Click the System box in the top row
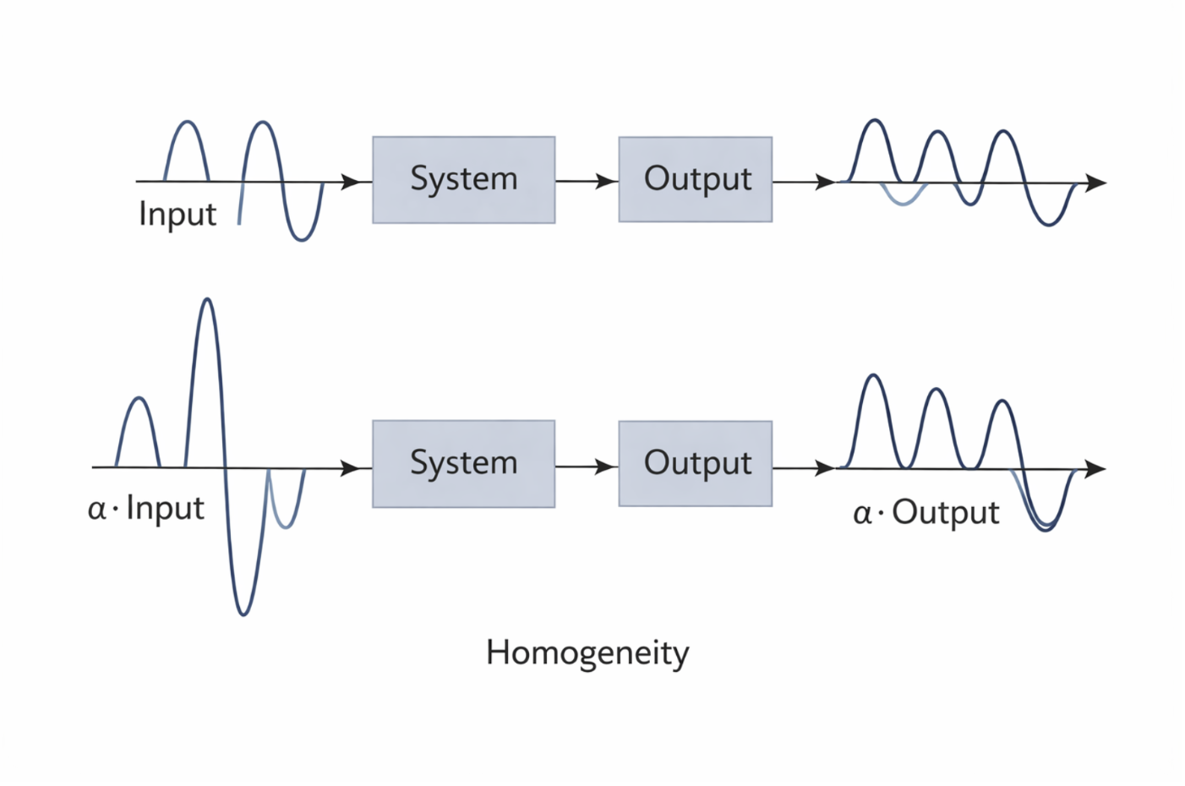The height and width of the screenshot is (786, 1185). [463, 180]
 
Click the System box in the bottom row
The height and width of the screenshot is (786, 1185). [463, 464]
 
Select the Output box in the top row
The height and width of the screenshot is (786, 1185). [695, 180]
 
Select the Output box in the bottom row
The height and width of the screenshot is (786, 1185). [695, 464]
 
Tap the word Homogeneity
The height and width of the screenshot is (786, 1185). [587, 653]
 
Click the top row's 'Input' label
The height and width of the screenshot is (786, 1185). [177, 215]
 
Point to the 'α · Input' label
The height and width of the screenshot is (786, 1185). [146, 509]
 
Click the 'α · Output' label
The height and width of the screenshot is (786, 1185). [926, 513]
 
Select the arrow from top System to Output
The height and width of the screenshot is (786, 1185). [587, 181]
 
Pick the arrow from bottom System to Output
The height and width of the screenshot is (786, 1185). [587, 467]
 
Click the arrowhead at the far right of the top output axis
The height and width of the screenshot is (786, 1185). [1096, 183]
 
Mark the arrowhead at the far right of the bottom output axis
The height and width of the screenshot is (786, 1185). [1096, 468]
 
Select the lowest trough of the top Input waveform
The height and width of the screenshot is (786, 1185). [302, 239]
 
